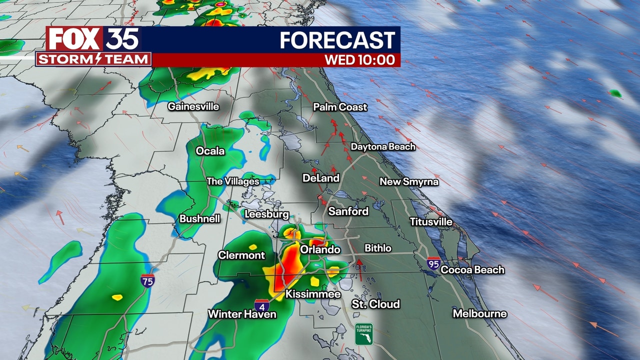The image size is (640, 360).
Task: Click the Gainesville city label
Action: [x=193, y=106]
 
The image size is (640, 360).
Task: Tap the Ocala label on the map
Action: [x=210, y=151]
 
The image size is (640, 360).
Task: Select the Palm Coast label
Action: [x=340, y=107]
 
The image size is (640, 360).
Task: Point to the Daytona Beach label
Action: [x=383, y=147]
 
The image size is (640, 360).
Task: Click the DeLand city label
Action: [x=320, y=178]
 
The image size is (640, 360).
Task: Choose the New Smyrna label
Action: [x=409, y=181]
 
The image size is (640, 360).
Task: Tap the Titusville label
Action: [x=431, y=221]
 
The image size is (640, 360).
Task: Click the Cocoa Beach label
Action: [x=472, y=269]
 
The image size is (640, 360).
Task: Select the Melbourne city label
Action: [x=479, y=313]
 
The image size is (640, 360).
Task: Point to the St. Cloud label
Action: [x=375, y=304]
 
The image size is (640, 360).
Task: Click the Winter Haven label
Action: [x=242, y=314]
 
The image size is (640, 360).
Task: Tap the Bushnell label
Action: [x=199, y=219]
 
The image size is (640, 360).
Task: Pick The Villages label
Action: [x=233, y=181]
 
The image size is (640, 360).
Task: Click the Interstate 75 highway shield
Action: [x=147, y=280]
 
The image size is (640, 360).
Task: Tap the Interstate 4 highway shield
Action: [x=261, y=305]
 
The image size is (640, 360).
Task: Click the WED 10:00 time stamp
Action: [x=359, y=60]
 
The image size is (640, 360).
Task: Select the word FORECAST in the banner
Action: [x=337, y=40]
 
